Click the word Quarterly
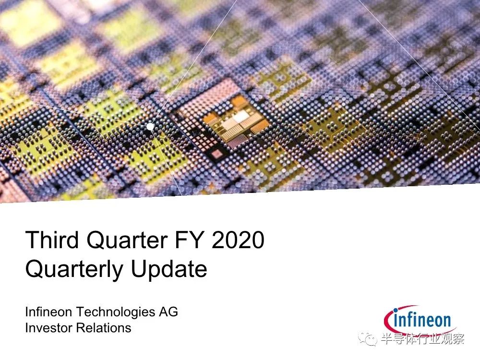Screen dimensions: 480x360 (x=74, y=270)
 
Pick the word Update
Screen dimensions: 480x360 (x=168, y=270)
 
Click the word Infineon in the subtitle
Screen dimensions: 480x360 (x=48, y=312)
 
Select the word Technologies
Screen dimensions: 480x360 (x=116, y=312)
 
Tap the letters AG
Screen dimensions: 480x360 (x=168, y=312)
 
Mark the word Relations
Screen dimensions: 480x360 (x=104, y=328)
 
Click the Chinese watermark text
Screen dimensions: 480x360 (x=423, y=338)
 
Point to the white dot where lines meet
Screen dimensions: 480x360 (x=150, y=126)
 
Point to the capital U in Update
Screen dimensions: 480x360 (x=139, y=269)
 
